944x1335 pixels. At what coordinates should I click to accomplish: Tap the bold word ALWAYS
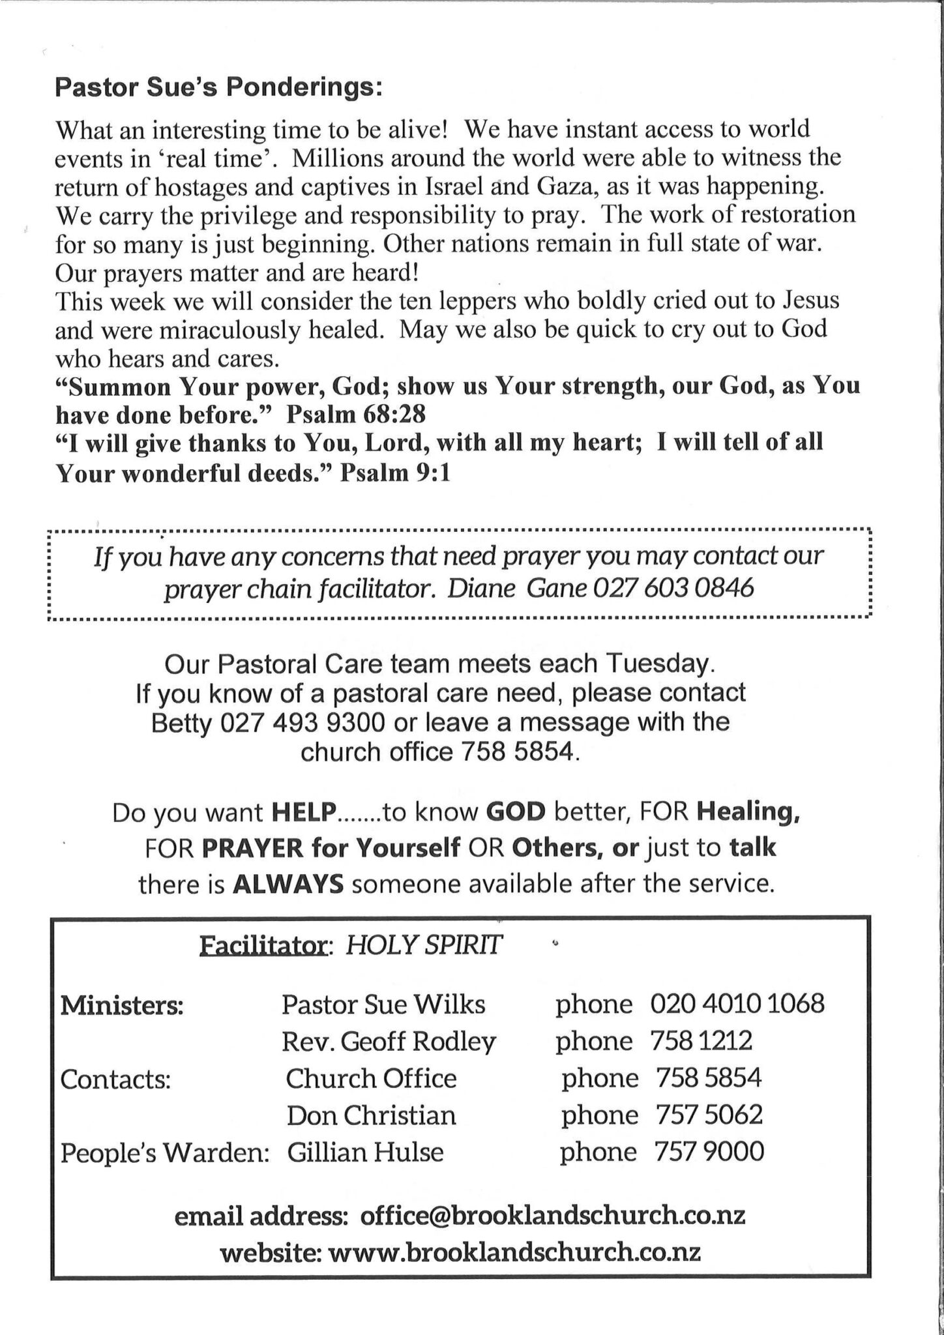tap(288, 885)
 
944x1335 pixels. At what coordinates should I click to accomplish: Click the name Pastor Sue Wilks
tap(383, 1005)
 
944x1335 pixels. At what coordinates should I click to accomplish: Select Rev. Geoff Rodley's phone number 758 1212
tap(701, 1041)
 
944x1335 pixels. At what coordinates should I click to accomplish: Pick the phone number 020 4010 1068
tap(737, 1004)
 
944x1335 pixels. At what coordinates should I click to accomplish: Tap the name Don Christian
tap(372, 1115)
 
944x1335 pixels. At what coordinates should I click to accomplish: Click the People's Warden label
tap(165, 1153)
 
